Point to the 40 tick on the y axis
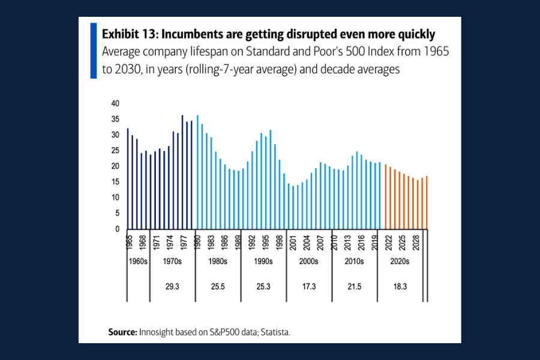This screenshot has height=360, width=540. click(115, 103)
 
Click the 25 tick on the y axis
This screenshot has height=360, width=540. click(115, 151)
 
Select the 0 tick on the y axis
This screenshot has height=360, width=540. click(117, 229)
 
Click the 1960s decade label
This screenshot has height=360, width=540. click(137, 262)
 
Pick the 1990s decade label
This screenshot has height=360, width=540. click(262, 262)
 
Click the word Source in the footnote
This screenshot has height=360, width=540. click(122, 331)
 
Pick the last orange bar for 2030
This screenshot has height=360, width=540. click(427, 202)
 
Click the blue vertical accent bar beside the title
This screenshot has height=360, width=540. click(93, 50)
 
